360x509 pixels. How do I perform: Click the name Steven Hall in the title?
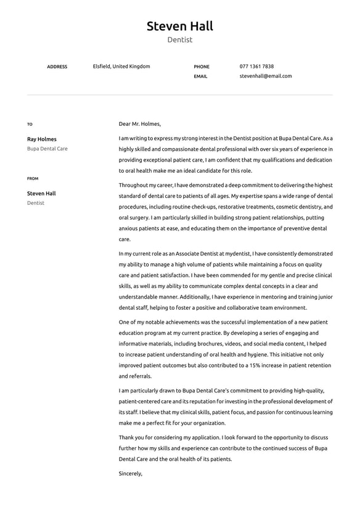click(179, 26)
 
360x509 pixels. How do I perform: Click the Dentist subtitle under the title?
click(179, 40)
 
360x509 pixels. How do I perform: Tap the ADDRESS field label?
click(57, 67)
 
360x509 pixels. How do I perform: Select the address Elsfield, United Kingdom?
click(121, 66)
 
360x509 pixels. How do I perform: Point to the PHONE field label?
click(202, 67)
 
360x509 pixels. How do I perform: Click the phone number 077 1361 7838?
click(256, 66)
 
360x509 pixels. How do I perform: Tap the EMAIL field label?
click(200, 77)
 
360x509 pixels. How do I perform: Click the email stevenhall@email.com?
click(266, 76)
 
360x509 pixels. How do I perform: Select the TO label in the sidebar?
click(30, 124)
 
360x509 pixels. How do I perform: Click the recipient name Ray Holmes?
click(41, 139)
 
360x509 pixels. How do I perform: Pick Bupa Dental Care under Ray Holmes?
click(47, 149)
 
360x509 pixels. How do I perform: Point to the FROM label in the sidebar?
click(33, 178)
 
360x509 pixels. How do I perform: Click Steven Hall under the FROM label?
click(41, 193)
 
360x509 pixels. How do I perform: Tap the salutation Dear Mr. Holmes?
click(139, 123)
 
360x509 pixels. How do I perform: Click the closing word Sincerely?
click(131, 473)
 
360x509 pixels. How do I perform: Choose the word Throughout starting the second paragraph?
click(133, 185)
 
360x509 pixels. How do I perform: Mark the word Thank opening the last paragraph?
click(127, 437)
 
